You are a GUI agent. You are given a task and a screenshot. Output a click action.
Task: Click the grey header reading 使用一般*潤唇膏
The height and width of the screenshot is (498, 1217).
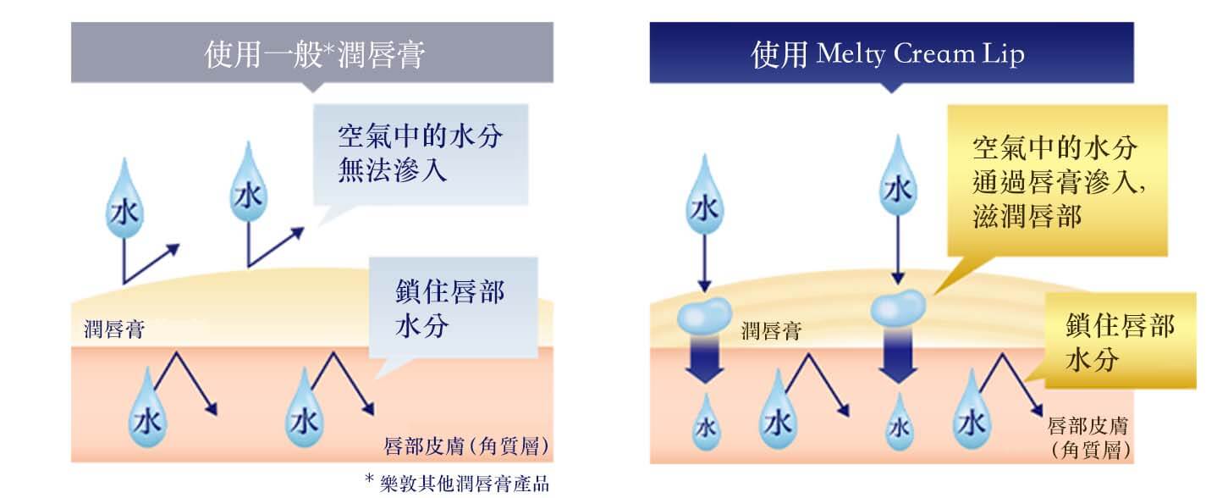[x=312, y=53]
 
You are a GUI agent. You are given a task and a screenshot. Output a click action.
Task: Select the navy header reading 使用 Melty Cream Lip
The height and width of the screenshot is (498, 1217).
[x=890, y=53]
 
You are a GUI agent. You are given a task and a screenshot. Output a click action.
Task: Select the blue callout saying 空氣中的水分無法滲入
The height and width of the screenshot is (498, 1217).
[x=421, y=154]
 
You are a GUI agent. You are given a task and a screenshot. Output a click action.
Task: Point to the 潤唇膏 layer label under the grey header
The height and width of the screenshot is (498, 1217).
[x=113, y=329]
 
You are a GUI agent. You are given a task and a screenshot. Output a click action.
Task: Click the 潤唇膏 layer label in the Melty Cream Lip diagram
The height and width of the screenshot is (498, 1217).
[x=770, y=330]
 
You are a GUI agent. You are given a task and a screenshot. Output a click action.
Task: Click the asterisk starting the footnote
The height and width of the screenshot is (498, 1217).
[x=369, y=480]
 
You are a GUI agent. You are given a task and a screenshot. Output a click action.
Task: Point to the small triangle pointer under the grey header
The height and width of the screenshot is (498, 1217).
[x=312, y=87]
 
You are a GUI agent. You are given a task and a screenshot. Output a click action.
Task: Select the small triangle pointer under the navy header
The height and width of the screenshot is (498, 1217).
[x=890, y=87]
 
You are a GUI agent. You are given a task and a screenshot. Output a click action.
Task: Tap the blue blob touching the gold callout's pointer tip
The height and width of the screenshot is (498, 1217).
[x=900, y=305]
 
